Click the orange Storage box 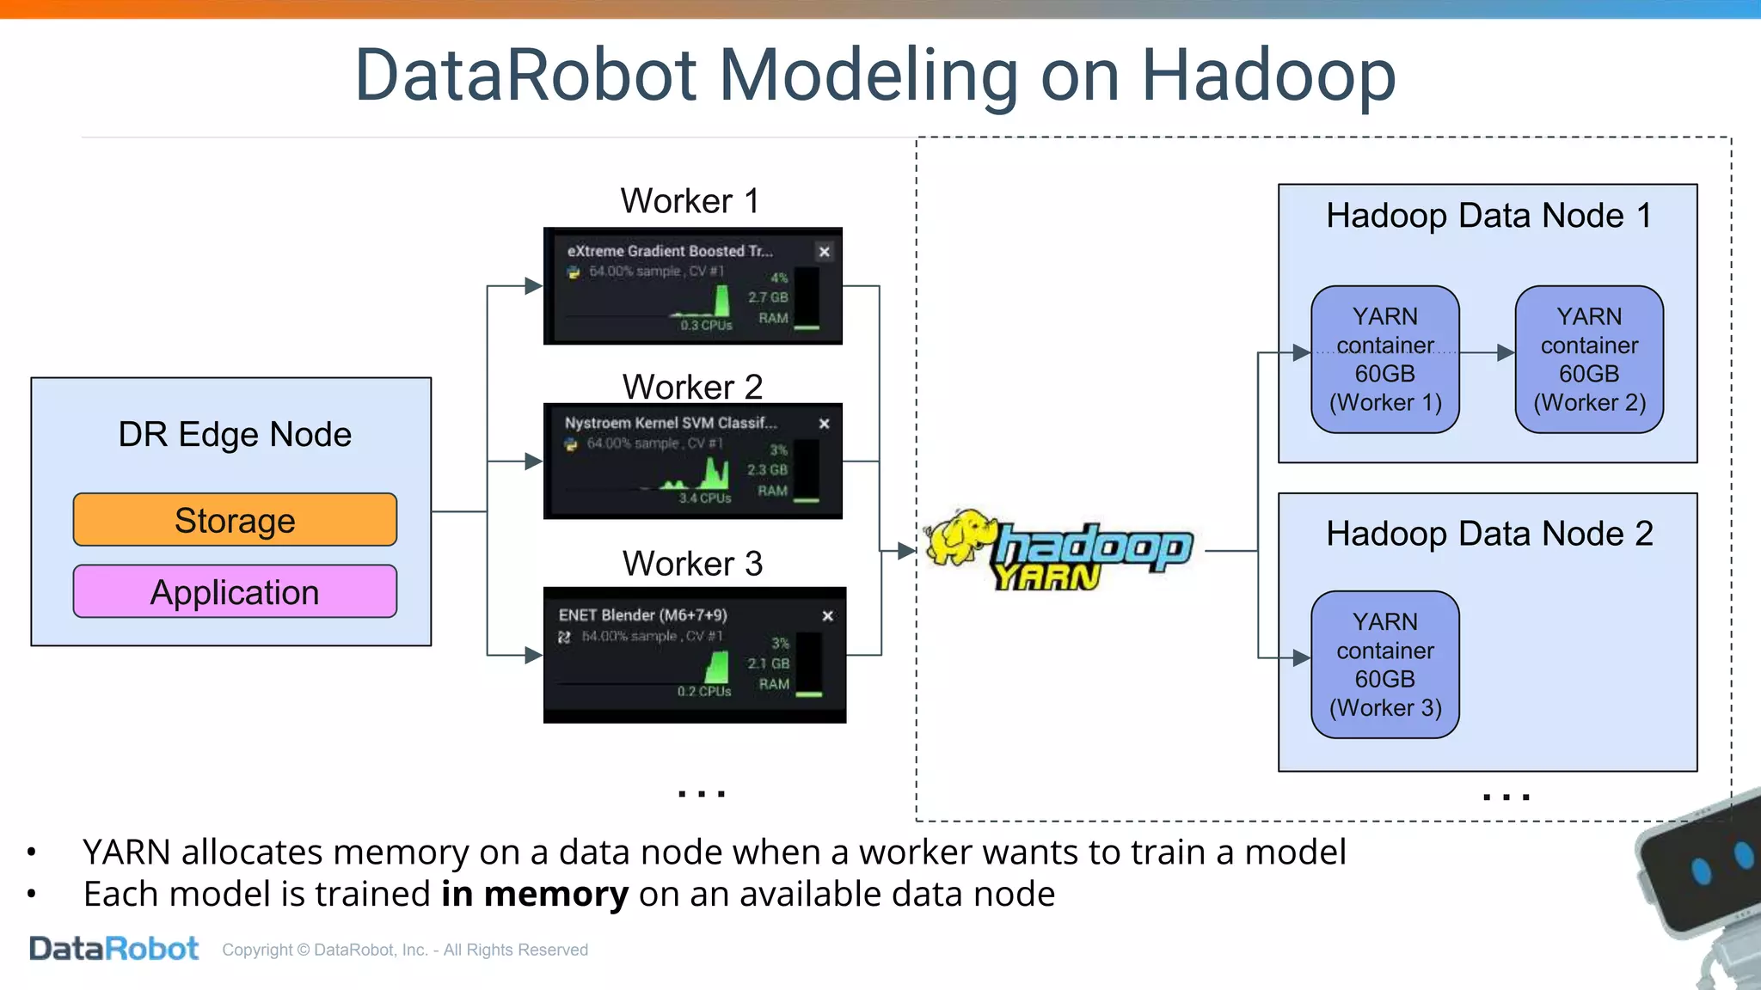click(235, 520)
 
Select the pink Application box click(235, 592)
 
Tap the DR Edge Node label click(235, 434)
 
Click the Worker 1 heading click(690, 201)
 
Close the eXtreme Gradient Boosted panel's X click(824, 252)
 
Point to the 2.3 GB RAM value click(767, 470)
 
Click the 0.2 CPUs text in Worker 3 click(703, 691)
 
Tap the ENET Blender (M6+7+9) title click(642, 615)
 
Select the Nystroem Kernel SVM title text click(670, 423)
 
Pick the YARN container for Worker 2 click(1589, 359)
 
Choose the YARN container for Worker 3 click(1385, 664)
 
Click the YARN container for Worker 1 click(1385, 359)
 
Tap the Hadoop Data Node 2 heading click(1489, 534)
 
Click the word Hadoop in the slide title click(1268, 76)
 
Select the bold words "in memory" click(535, 895)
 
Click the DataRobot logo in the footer click(114, 949)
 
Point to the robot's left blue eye click(1701, 871)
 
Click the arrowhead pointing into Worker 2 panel click(534, 461)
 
